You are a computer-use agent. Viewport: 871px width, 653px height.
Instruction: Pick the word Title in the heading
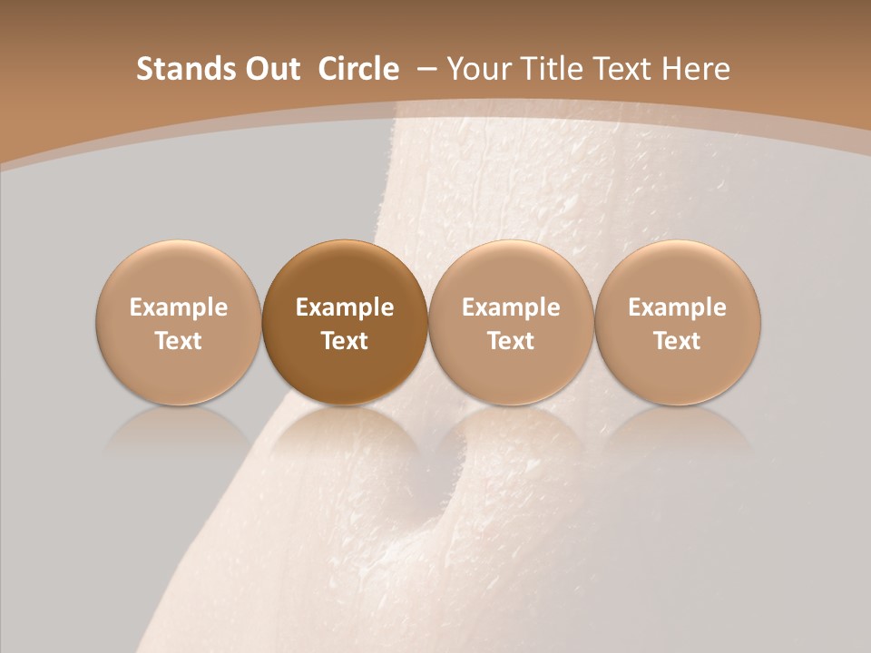(x=551, y=69)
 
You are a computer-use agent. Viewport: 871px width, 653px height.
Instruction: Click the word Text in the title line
(x=622, y=69)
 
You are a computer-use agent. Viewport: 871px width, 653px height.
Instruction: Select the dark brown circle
(x=345, y=322)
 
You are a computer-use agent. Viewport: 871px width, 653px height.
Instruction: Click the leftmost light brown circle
(x=179, y=322)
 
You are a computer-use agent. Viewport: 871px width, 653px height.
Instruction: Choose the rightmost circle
(x=678, y=322)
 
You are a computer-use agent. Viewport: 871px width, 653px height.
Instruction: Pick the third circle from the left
(x=511, y=322)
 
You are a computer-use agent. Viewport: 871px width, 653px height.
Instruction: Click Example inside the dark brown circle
(x=345, y=307)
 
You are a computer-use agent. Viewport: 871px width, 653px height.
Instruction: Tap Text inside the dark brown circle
(x=345, y=341)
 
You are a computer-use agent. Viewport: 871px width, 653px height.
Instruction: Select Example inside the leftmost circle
(x=179, y=307)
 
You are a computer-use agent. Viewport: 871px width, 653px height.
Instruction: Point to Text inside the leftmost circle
(x=179, y=341)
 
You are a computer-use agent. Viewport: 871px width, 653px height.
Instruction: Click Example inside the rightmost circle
(x=678, y=307)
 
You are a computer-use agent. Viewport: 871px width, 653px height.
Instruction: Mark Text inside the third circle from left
(x=511, y=341)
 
